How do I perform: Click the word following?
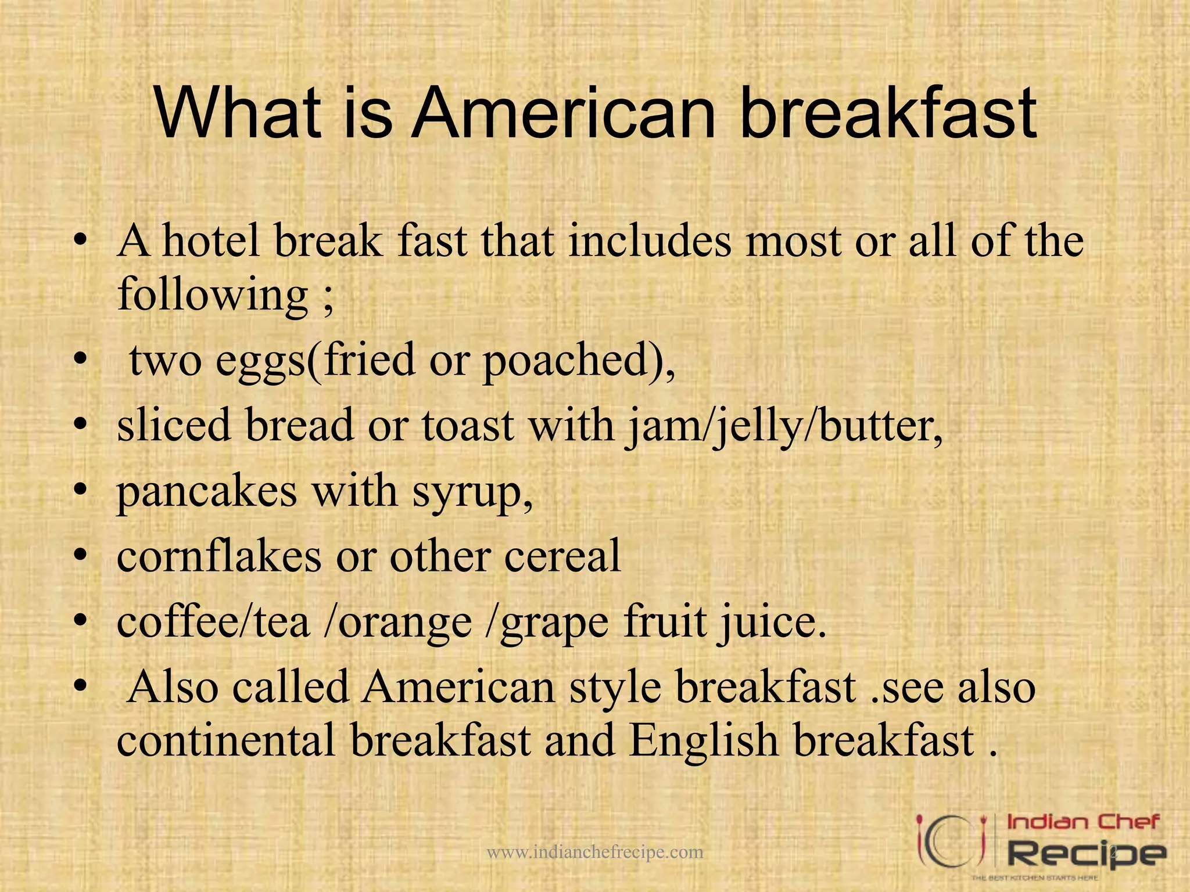[x=213, y=296]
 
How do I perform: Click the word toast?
[x=468, y=426]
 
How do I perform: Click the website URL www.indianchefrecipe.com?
[x=594, y=853]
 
